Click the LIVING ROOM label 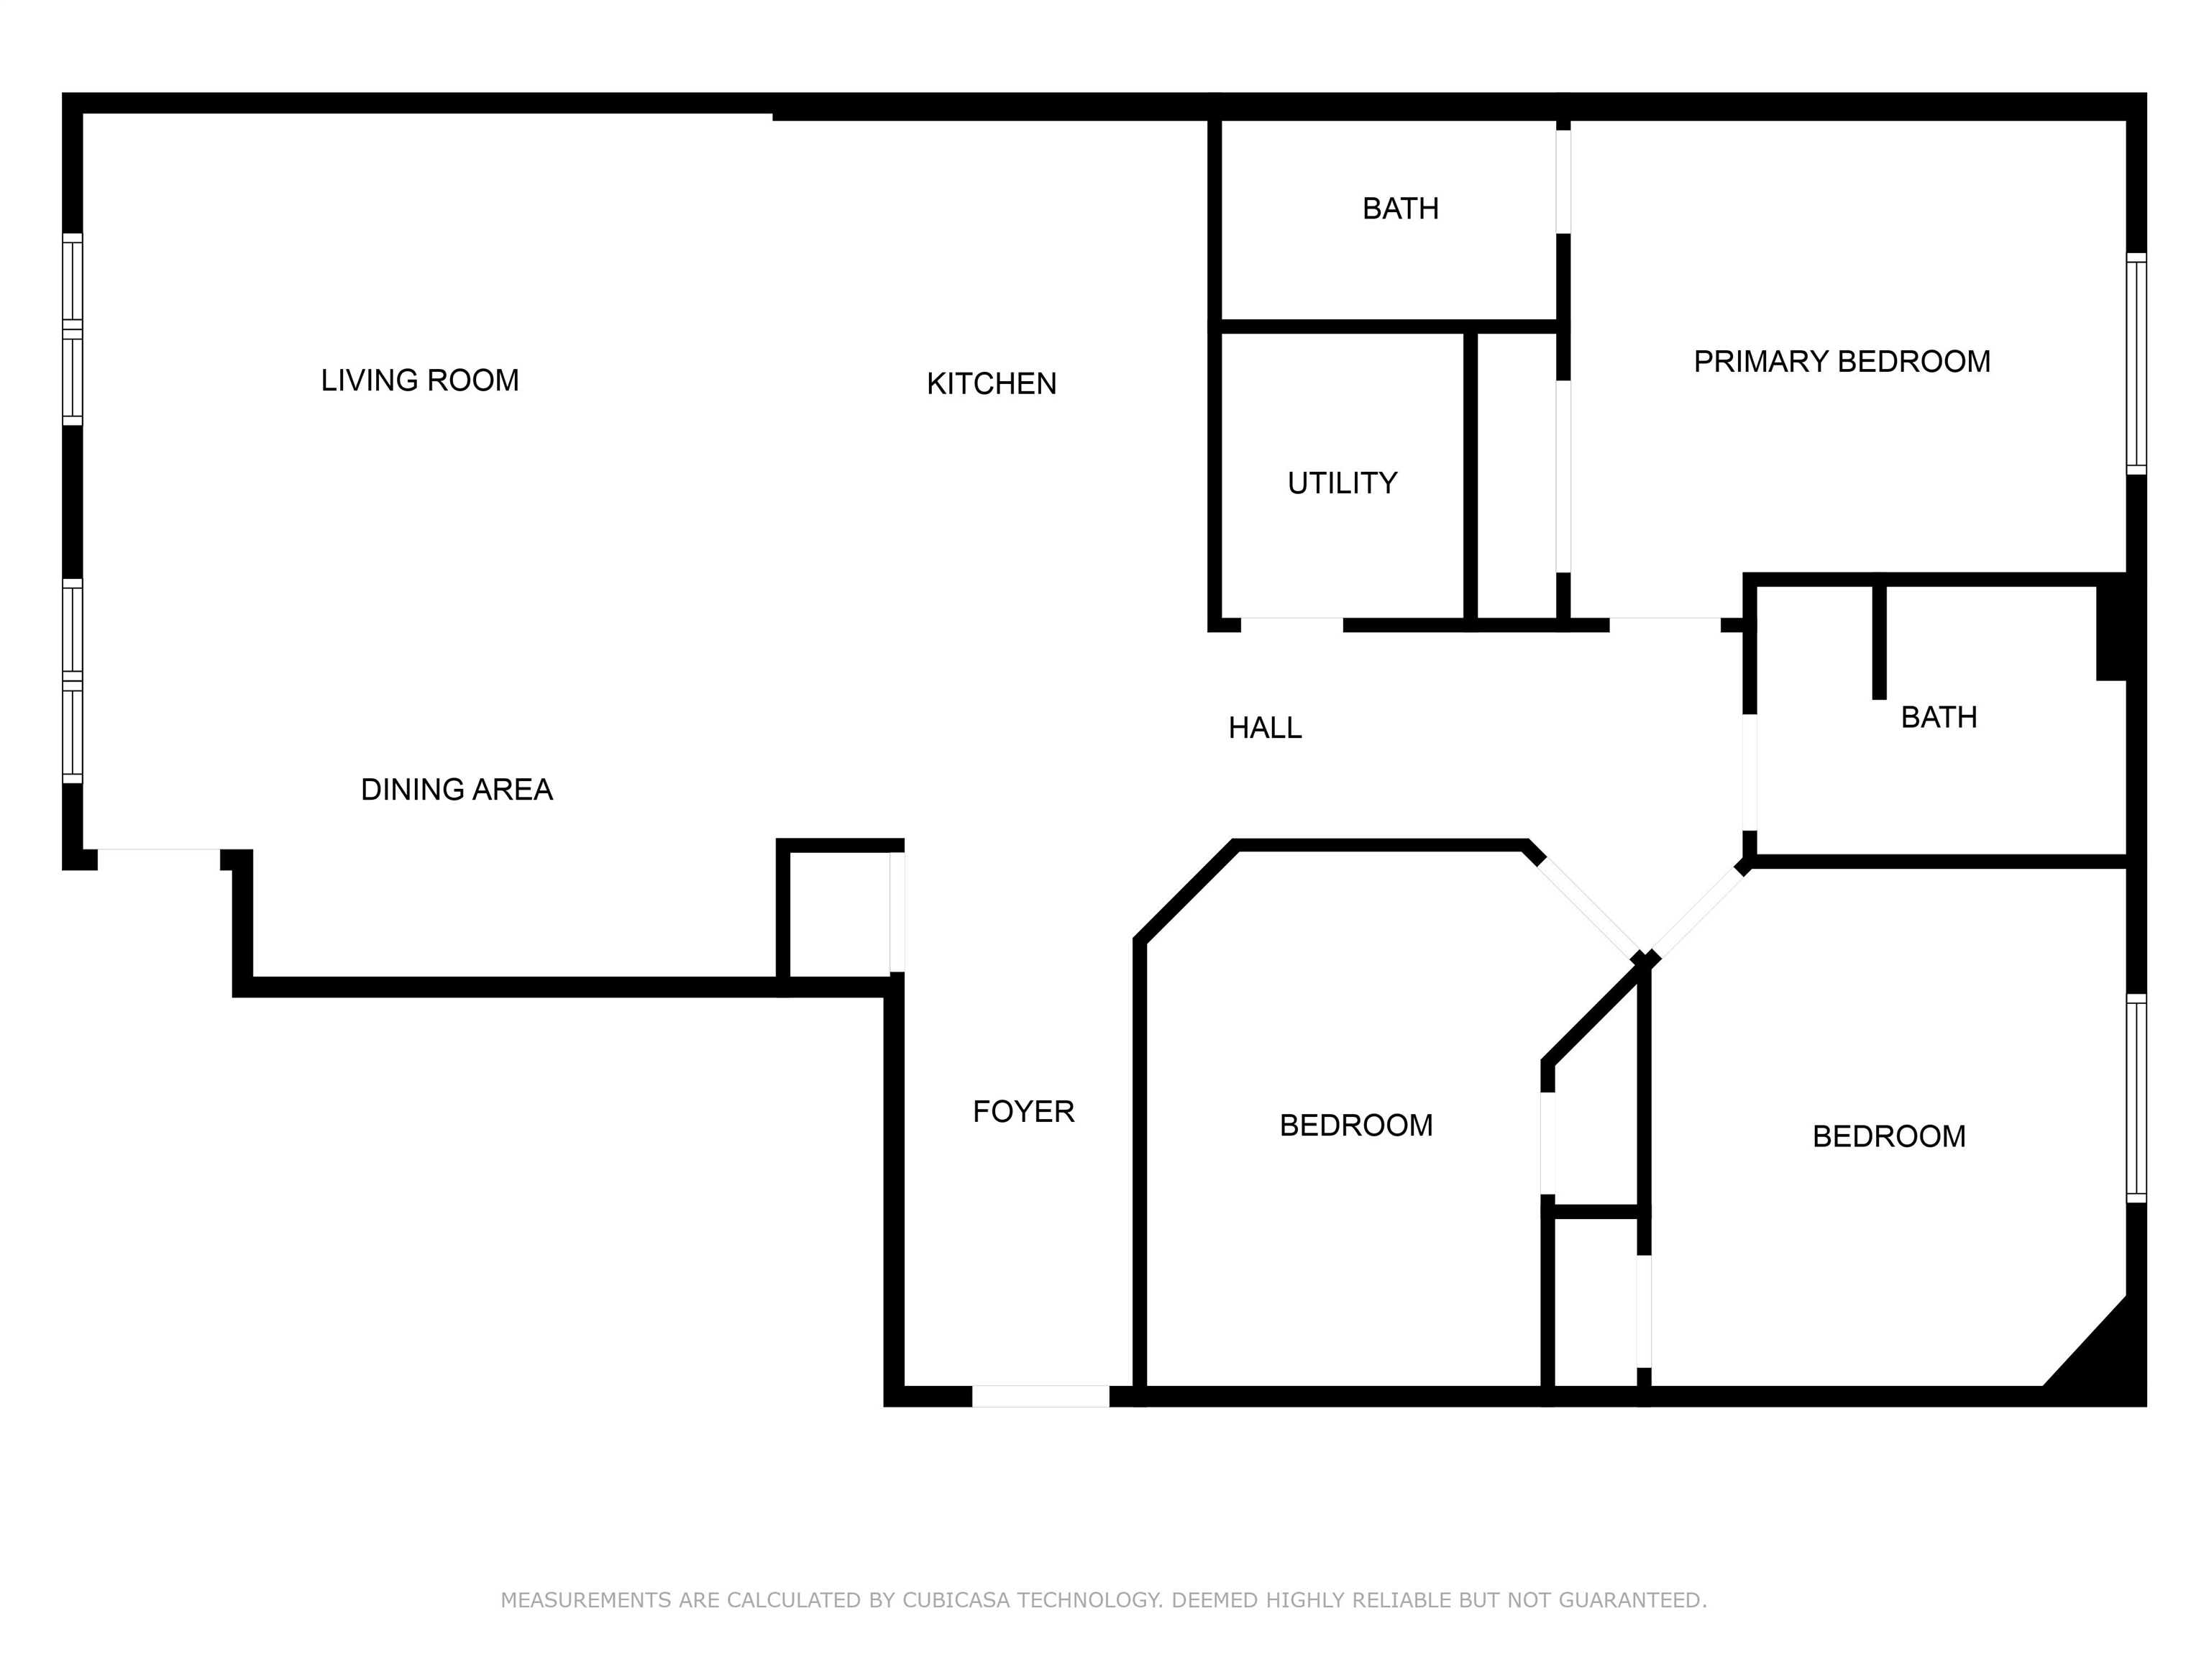[x=419, y=380]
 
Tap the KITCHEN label [x=991, y=383]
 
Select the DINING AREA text [x=457, y=790]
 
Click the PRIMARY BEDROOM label [x=1842, y=362]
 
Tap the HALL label [x=1264, y=728]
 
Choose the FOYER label [x=1023, y=1112]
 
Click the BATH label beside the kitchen [x=1400, y=209]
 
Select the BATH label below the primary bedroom [x=1939, y=717]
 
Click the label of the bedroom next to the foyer [x=1355, y=1126]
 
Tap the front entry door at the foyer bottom [x=1041, y=1397]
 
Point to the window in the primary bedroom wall [x=2135, y=364]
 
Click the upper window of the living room [x=72, y=329]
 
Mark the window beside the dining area [x=72, y=681]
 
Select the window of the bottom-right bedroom [x=2135, y=1099]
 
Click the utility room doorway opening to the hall [x=1291, y=625]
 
